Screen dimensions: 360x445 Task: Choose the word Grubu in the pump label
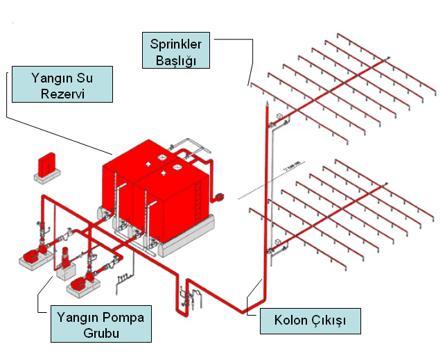(x=101, y=333)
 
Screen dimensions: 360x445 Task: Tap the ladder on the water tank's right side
(x=198, y=201)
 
